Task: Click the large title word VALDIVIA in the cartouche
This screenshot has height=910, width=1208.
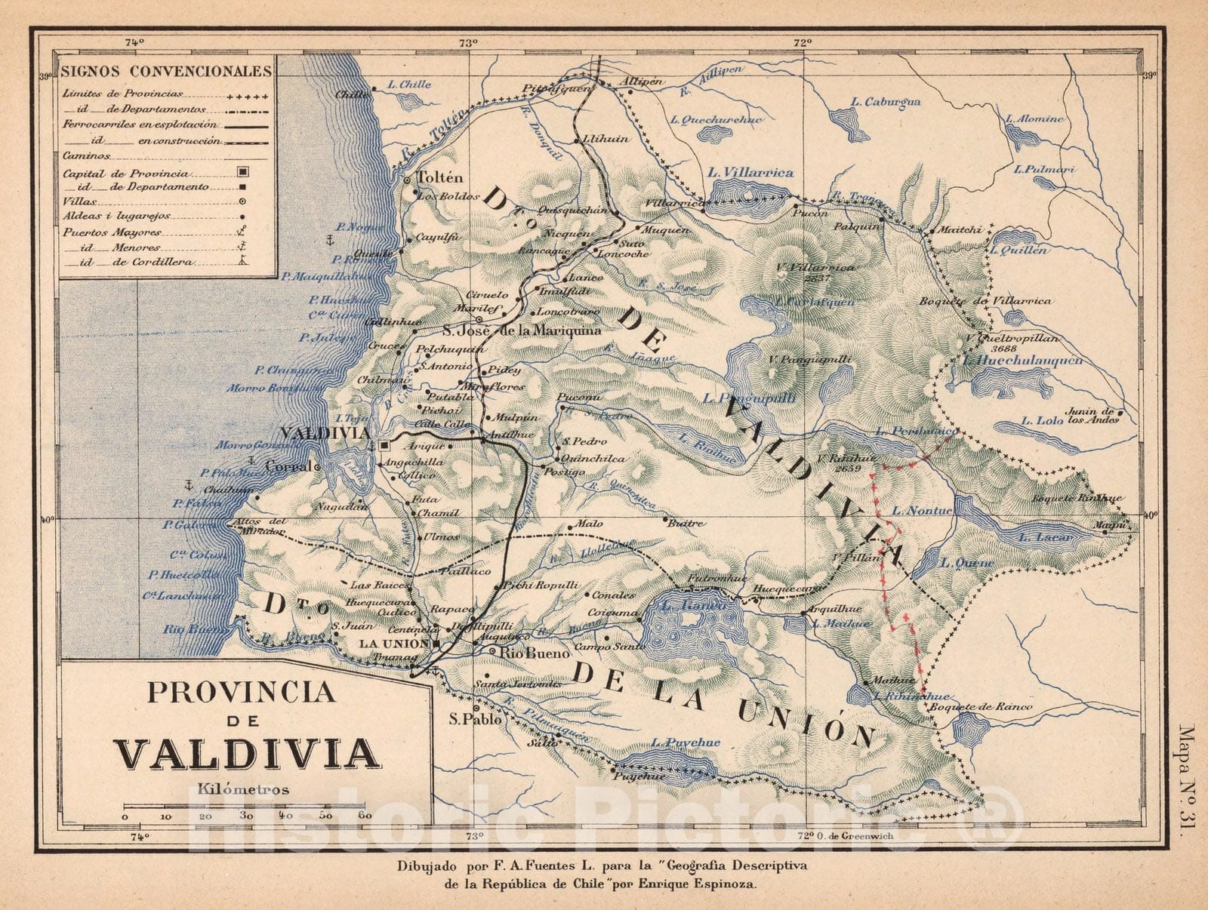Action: [x=247, y=752]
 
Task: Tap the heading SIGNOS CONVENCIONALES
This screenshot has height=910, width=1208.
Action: [x=166, y=72]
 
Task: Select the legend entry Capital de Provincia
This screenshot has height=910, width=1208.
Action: [x=125, y=174]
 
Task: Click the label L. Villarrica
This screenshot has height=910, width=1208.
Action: [x=750, y=173]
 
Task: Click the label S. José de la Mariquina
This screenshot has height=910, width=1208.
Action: [x=521, y=330]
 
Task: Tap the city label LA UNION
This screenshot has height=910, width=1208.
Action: [x=393, y=644]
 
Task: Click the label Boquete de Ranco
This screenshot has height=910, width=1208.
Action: [x=980, y=707]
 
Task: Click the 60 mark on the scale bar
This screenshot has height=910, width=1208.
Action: [x=365, y=816]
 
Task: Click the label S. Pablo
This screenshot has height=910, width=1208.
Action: [x=475, y=719]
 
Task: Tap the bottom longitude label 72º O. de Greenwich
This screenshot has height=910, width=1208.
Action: [x=846, y=836]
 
